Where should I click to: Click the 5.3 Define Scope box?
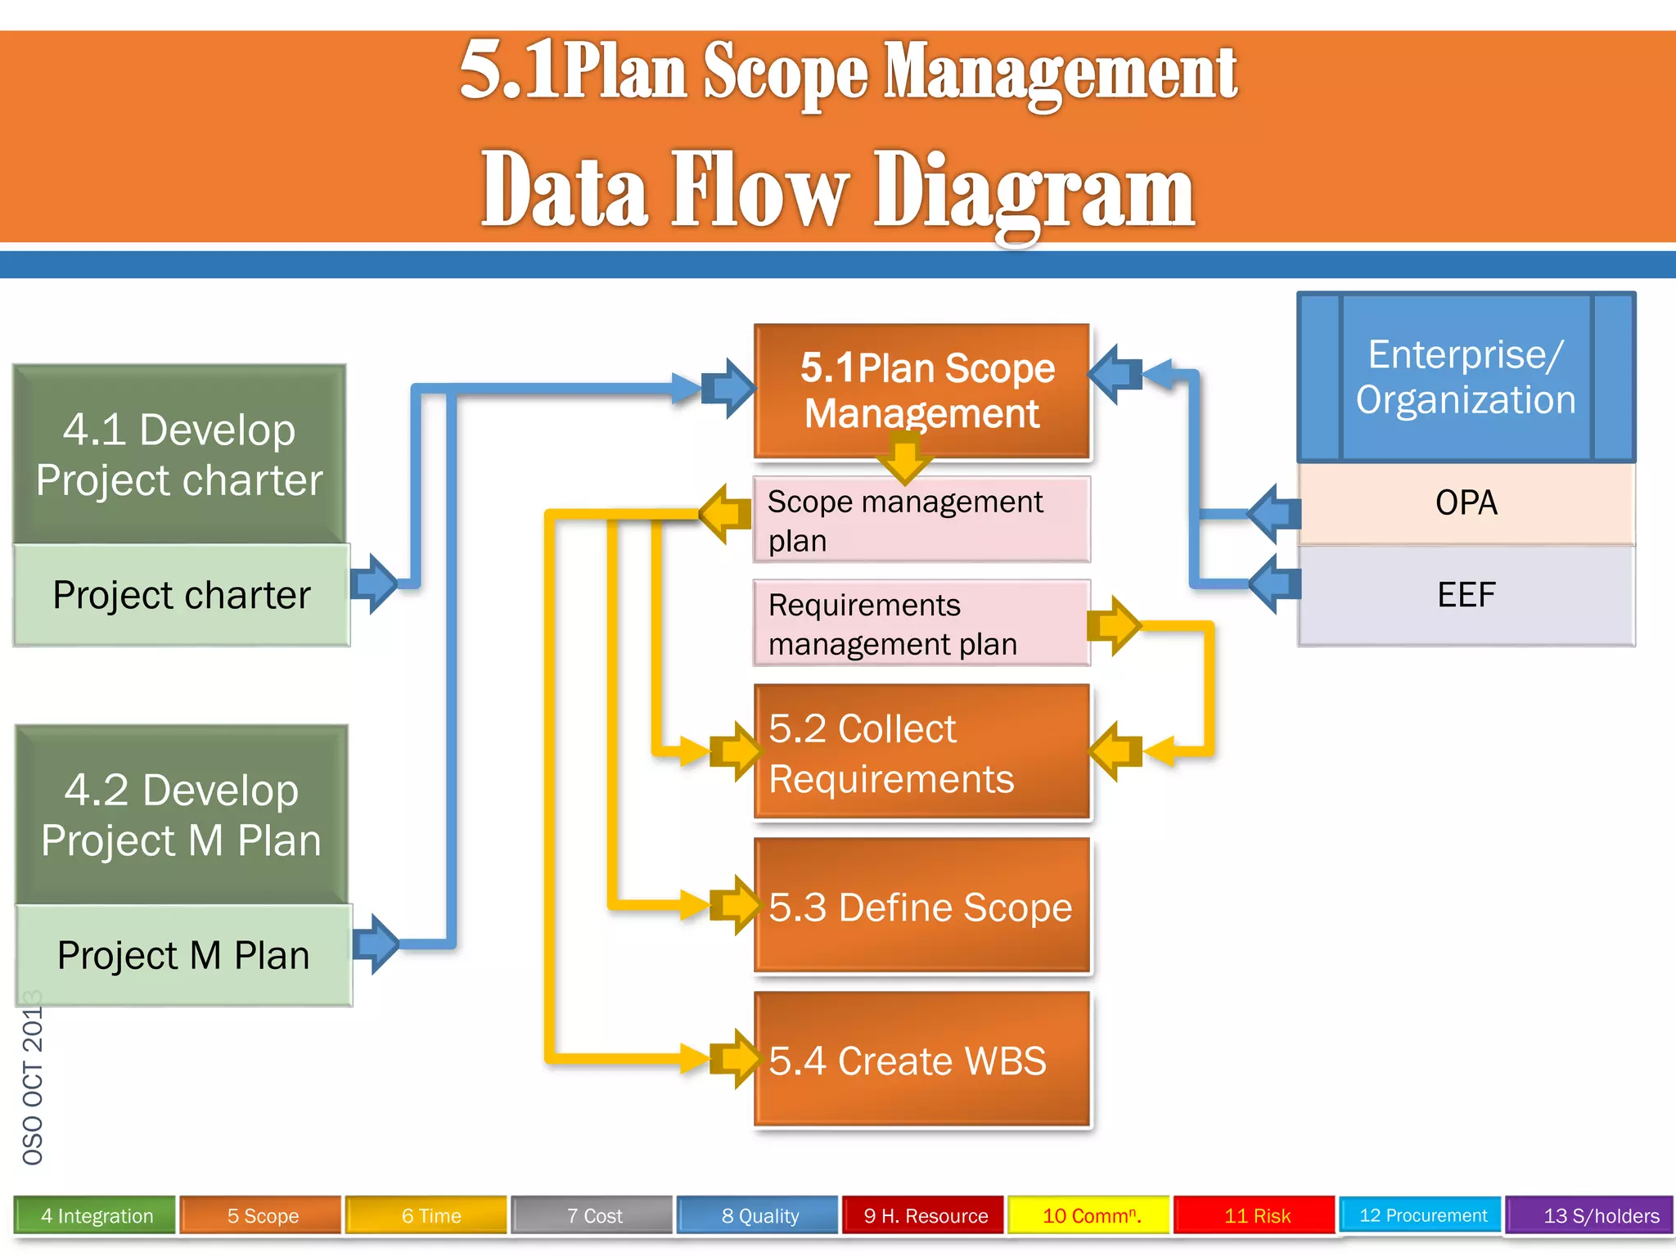pyautogui.click(x=921, y=906)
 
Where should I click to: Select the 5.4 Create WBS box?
pyautogui.click(x=921, y=1060)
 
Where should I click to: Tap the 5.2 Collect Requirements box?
pyautogui.click(x=921, y=752)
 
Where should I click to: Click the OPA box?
pyautogui.click(x=1466, y=503)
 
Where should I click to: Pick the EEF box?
pyautogui.click(x=1466, y=595)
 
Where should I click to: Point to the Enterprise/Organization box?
pyautogui.click(x=1466, y=377)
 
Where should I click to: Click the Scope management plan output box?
pyautogui.click(x=921, y=520)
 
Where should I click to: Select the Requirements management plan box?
pyautogui.click(x=921, y=624)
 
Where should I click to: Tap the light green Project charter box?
pyautogui.click(x=182, y=595)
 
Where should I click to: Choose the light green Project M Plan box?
pyautogui.click(x=184, y=955)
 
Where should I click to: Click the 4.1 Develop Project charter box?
pyautogui.click(x=179, y=454)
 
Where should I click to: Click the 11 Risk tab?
pyautogui.click(x=1256, y=1215)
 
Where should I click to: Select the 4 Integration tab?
pyautogui.click(x=96, y=1215)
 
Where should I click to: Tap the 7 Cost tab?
pyautogui.click(x=594, y=1215)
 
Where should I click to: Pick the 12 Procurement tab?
pyautogui.click(x=1422, y=1215)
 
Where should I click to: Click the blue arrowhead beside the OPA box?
pyautogui.click(x=1274, y=514)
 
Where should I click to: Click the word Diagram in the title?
pyautogui.click(x=1034, y=192)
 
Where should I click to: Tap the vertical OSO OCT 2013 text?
pyautogui.click(x=33, y=1079)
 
